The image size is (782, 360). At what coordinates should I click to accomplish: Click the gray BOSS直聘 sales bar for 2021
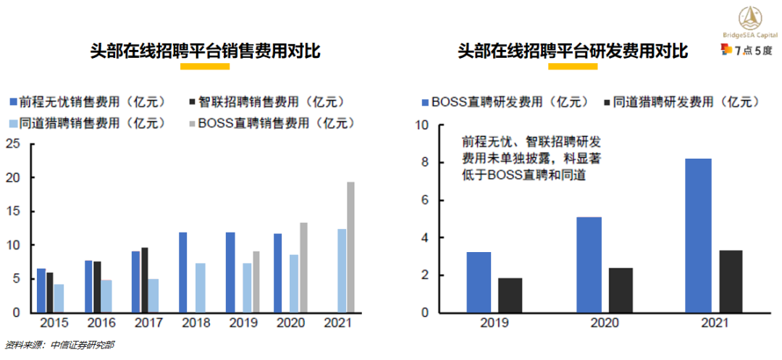(x=350, y=247)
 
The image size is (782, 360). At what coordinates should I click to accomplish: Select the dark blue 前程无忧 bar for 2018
(x=182, y=272)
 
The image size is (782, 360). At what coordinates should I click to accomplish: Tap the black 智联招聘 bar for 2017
(x=145, y=280)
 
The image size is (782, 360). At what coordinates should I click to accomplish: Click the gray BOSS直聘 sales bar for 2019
(x=256, y=282)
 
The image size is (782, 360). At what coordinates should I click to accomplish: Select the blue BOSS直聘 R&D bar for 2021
(x=698, y=235)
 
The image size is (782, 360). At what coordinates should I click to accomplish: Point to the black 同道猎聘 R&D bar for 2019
(x=510, y=296)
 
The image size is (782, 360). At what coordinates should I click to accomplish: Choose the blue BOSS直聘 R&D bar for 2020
(x=589, y=265)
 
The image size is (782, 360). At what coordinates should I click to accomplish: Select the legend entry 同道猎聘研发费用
(x=681, y=102)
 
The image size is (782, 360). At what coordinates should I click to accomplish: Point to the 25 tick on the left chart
(x=12, y=143)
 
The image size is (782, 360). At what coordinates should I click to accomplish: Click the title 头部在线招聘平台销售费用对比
(x=205, y=51)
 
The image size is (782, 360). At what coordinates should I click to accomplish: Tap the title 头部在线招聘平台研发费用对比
(x=572, y=51)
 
